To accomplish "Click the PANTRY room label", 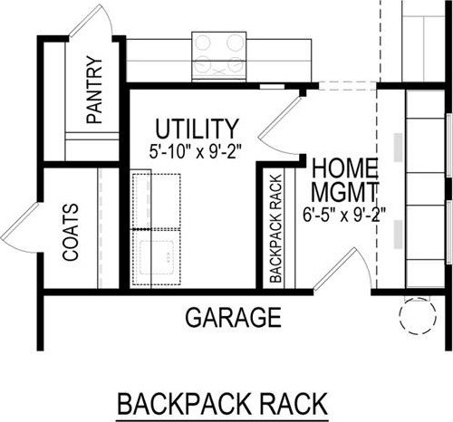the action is [94, 90].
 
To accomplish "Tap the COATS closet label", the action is [71, 232].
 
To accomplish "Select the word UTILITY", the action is [197, 129].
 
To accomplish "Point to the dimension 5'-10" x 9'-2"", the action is [197, 151].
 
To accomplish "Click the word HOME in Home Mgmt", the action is [344, 168].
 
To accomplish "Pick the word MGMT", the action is [344, 192].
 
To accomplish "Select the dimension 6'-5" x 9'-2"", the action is [344, 215].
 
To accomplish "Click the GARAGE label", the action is [233, 317].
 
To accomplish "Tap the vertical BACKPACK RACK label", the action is [275, 228].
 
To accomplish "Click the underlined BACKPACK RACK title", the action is [223, 404].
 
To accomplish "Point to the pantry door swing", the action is [91, 22].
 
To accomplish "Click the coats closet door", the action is [20, 228].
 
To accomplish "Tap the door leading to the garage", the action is [342, 269].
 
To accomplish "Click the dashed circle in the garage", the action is [418, 316].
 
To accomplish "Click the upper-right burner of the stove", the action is [236, 43].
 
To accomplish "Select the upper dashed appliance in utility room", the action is [157, 201].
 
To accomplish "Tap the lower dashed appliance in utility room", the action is [157, 257].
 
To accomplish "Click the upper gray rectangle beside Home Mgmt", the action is [398, 147].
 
